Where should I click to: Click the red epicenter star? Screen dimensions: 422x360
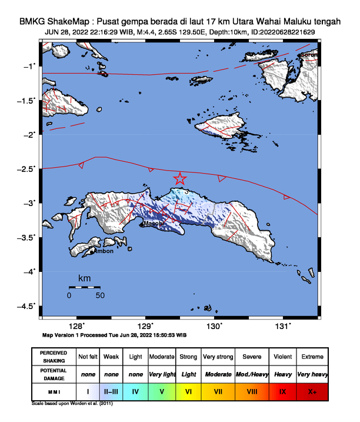point(180,179)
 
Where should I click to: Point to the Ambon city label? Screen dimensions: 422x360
point(104,251)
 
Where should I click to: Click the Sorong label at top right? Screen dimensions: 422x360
point(309,55)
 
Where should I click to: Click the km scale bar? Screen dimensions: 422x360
point(84,287)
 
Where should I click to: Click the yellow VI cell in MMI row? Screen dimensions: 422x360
point(189,391)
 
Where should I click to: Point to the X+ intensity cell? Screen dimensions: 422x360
point(312,391)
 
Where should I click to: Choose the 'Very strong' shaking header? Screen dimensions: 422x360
point(218,357)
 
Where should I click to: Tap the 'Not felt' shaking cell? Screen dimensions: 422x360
point(88,357)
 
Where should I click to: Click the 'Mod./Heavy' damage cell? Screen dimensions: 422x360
point(249,374)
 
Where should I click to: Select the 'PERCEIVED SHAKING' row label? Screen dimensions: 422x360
point(54,357)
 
